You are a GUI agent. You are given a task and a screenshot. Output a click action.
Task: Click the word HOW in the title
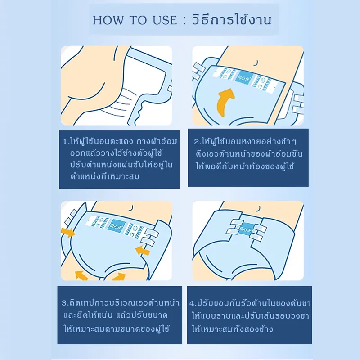pyautogui.click(x=108, y=20)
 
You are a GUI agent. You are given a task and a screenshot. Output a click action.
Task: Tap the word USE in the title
pyautogui.click(x=165, y=20)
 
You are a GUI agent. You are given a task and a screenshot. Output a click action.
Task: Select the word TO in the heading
pyautogui.click(x=138, y=20)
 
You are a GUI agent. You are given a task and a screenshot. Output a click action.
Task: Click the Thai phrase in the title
pyautogui.click(x=232, y=19)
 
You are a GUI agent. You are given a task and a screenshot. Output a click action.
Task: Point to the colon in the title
pyautogui.click(x=184, y=21)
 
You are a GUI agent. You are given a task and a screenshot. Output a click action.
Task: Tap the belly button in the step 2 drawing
pyautogui.click(x=256, y=63)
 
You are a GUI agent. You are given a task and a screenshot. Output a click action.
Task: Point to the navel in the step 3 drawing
pyautogui.click(x=131, y=208)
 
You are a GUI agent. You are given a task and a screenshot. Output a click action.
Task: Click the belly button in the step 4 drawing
pyautogui.click(x=259, y=209)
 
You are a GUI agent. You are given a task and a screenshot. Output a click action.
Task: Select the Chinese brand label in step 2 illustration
pyautogui.click(x=243, y=78)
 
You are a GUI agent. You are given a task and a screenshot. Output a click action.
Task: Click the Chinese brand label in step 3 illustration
pyautogui.click(x=116, y=226)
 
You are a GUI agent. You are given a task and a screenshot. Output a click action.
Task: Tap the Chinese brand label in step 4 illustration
pyautogui.click(x=246, y=229)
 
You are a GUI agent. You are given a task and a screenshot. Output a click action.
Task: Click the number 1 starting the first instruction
pyautogui.click(x=65, y=142)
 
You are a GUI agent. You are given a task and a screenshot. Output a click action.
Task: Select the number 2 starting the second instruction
pyautogui.click(x=197, y=142)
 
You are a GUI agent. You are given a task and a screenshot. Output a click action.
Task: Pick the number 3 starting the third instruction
pyautogui.click(x=64, y=303)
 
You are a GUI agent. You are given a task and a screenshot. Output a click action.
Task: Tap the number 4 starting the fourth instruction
pyautogui.click(x=192, y=303)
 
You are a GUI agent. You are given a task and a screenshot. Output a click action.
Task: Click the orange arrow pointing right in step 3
pyautogui.click(x=68, y=232)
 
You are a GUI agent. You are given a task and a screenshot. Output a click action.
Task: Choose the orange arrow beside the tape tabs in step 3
pyautogui.click(x=143, y=250)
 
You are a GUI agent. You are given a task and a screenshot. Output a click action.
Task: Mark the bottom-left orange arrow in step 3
pyautogui.click(x=81, y=275)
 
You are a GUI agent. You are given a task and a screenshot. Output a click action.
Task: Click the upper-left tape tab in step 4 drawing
pyautogui.click(x=237, y=222)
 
